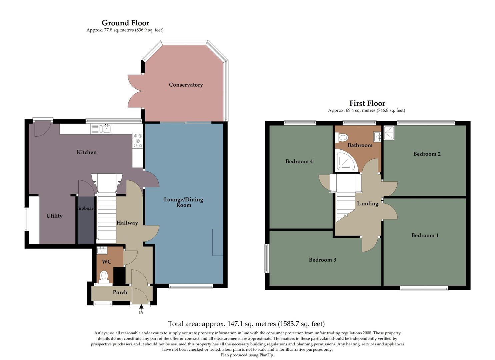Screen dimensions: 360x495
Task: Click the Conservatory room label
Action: (186, 85)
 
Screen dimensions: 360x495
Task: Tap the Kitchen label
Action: (87, 152)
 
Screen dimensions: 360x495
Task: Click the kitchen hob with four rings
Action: (138, 141)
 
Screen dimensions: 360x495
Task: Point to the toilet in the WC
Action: (104, 276)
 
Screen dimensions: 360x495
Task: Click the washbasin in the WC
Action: (102, 250)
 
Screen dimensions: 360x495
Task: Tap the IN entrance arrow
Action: (141, 307)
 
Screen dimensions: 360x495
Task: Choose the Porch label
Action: (120, 292)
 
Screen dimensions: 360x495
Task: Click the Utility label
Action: (54, 216)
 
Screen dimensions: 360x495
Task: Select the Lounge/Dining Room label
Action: (184, 202)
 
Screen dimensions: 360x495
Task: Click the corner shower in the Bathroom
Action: (345, 162)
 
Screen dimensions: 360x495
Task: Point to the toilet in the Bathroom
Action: (342, 137)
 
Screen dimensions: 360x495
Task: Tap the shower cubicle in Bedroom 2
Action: (389, 133)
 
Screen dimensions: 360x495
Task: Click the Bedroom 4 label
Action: (299, 161)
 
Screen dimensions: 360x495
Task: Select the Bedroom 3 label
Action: (322, 260)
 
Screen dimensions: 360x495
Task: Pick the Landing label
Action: (368, 204)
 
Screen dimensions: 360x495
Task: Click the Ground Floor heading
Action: (125, 23)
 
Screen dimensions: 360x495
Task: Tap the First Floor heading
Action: (367, 103)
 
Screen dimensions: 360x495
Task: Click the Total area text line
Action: (246, 324)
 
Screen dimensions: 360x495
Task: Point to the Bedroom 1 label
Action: (425, 235)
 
